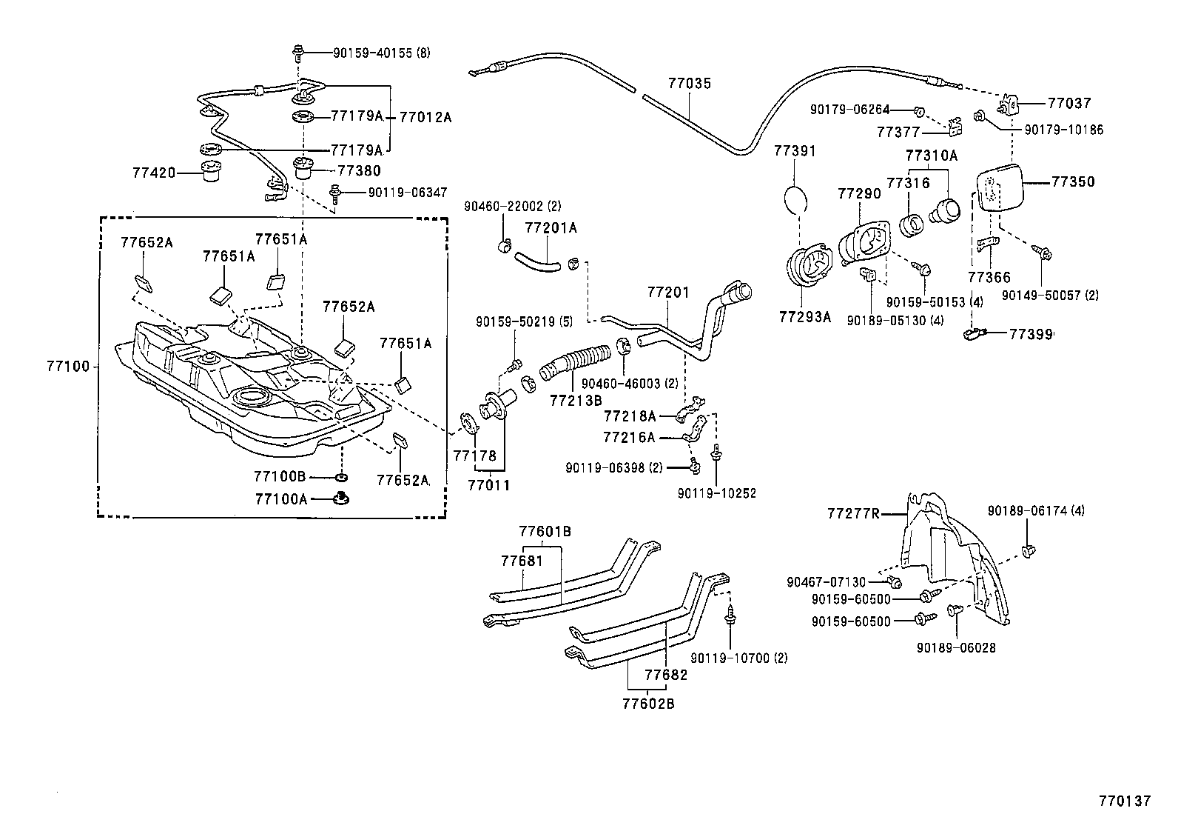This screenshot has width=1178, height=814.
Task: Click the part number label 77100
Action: pyautogui.click(x=67, y=366)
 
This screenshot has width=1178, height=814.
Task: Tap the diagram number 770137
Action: pyautogui.click(x=1125, y=801)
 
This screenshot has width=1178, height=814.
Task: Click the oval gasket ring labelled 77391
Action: pyautogui.click(x=795, y=199)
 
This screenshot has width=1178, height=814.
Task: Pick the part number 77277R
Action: pyautogui.click(x=852, y=513)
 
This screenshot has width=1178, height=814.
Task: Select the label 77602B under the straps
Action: pyautogui.click(x=647, y=704)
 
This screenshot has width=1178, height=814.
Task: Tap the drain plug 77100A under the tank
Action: pyautogui.click(x=342, y=498)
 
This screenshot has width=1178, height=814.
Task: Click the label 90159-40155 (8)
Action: pyautogui.click(x=380, y=53)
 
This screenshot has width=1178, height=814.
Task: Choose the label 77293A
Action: pyautogui.click(x=804, y=317)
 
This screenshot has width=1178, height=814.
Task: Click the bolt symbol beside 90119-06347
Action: pyautogui.click(x=335, y=193)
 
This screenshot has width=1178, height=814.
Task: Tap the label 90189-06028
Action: pyautogui.click(x=955, y=647)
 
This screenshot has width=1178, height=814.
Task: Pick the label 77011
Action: pyautogui.click(x=488, y=485)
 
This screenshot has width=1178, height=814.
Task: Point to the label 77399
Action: pyautogui.click(x=1031, y=334)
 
